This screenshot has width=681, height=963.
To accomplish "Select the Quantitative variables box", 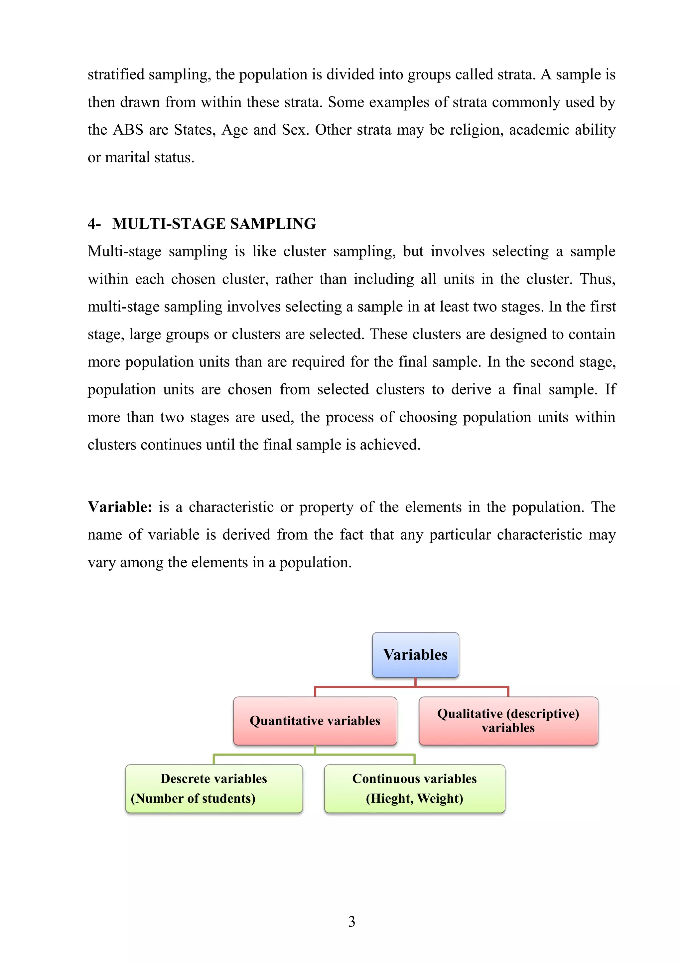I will click(315, 721).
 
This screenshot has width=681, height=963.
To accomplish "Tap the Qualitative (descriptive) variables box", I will click(508, 721).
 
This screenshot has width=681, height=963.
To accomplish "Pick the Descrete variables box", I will click(214, 788).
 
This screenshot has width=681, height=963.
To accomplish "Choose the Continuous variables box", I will click(414, 788).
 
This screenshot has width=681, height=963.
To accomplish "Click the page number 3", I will click(351, 921).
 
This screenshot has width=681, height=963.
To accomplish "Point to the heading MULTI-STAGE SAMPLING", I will click(214, 224).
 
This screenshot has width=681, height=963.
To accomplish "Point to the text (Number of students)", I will click(193, 798).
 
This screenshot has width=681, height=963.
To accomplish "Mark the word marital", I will click(127, 158).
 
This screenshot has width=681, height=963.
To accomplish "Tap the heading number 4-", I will click(94, 224).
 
